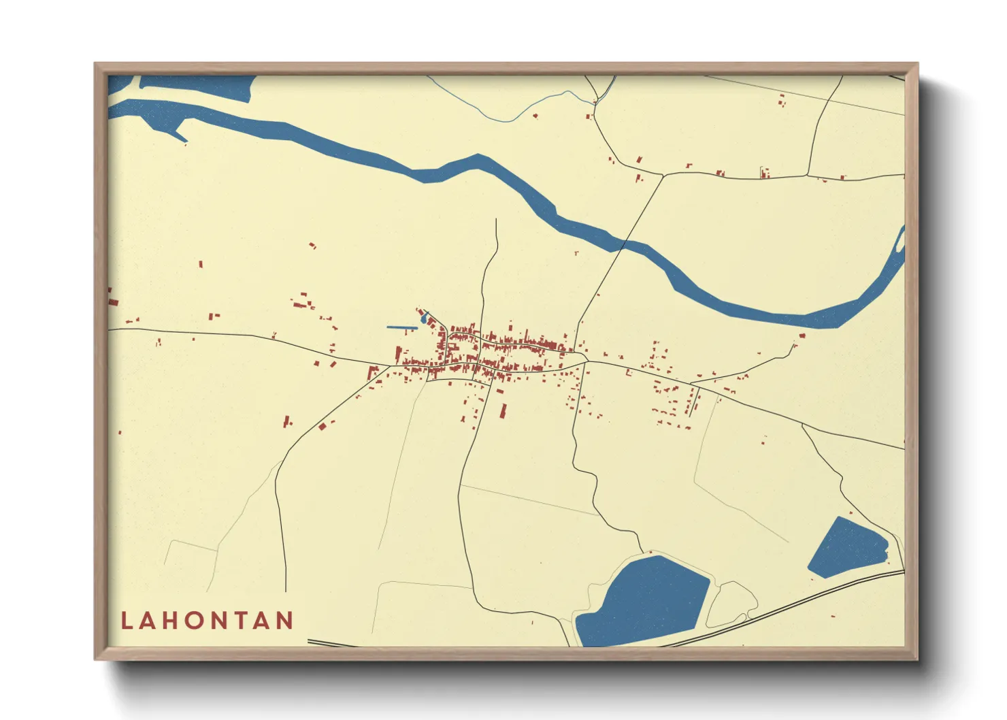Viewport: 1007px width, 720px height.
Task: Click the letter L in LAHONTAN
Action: tap(127, 621)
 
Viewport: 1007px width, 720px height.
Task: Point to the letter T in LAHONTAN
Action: tap(241, 621)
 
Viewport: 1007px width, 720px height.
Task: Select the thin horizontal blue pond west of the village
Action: tap(401, 328)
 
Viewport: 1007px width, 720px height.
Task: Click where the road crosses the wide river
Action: tap(625, 244)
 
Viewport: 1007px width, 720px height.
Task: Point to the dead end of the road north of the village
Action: tap(497, 220)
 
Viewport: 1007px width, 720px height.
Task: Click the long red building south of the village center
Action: tap(503, 411)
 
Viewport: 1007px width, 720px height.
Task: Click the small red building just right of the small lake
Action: tap(889, 559)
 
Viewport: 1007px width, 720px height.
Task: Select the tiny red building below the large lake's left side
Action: tap(532, 622)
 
